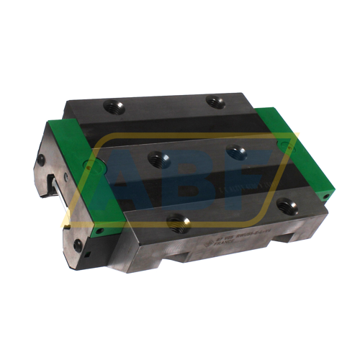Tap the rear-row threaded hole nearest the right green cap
tap(215, 102)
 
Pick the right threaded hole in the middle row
tap(235, 153)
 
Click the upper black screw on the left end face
tap(41, 160)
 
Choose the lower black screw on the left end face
tap(77, 245)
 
